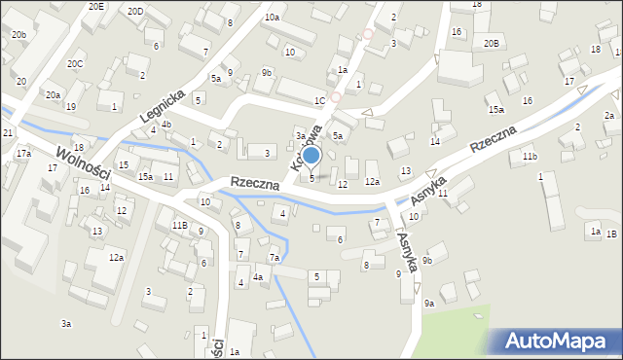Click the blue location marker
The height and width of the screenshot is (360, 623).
[x=311, y=156]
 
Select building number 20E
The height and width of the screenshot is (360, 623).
[x=95, y=6]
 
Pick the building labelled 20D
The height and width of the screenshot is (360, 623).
[x=135, y=11]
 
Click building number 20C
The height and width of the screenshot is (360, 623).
[x=75, y=63]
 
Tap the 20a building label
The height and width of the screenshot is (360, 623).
[x=53, y=94]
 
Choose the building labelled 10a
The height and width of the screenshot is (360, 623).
[x=272, y=18]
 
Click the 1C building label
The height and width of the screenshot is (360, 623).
[x=319, y=100]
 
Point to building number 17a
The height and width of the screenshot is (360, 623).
[x=23, y=153]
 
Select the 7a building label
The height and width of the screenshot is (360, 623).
[x=275, y=258]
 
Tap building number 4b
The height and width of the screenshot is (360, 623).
[x=166, y=124]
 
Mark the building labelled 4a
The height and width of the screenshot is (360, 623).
[x=258, y=277]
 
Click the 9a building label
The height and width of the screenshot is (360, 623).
[x=428, y=303]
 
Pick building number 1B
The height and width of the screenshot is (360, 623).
[x=611, y=234]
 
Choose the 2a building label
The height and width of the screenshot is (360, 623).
[x=608, y=116]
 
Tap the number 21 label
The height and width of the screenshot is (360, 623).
[x=7, y=132]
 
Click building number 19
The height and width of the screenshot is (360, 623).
[x=70, y=133]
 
